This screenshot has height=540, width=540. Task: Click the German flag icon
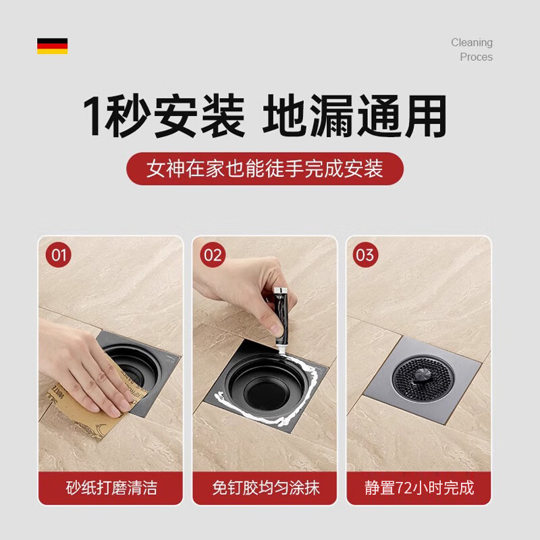click(52, 46)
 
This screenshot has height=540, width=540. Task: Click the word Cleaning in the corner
click(472, 43)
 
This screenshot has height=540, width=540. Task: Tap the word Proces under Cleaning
click(476, 57)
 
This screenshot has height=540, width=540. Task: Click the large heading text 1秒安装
click(163, 117)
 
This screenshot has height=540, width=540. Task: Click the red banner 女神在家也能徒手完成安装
click(265, 168)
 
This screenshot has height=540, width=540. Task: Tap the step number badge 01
click(60, 255)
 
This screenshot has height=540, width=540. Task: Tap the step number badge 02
click(213, 255)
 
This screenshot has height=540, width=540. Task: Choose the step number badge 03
click(365, 255)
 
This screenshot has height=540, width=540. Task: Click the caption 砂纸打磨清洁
click(111, 487)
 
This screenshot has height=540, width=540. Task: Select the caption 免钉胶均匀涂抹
click(265, 487)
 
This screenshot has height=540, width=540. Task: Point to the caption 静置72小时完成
click(418, 487)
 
